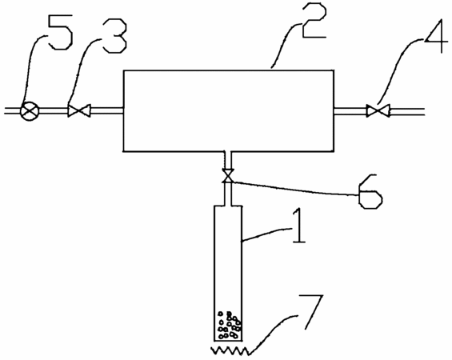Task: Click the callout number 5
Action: click(60, 32)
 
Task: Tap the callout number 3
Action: click(115, 35)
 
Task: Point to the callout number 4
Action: click(436, 36)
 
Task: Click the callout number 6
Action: click(370, 191)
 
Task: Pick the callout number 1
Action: click(299, 226)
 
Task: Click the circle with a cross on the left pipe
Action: click(30, 111)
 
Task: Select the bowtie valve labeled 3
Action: click(78, 110)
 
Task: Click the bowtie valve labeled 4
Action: click(378, 110)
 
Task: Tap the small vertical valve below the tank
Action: click(228, 176)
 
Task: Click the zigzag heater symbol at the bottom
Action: click(230, 350)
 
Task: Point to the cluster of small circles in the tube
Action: click(229, 325)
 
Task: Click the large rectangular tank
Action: click(229, 110)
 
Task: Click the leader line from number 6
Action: click(294, 189)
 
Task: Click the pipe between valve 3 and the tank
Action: click(106, 110)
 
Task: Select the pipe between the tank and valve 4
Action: click(350, 111)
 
